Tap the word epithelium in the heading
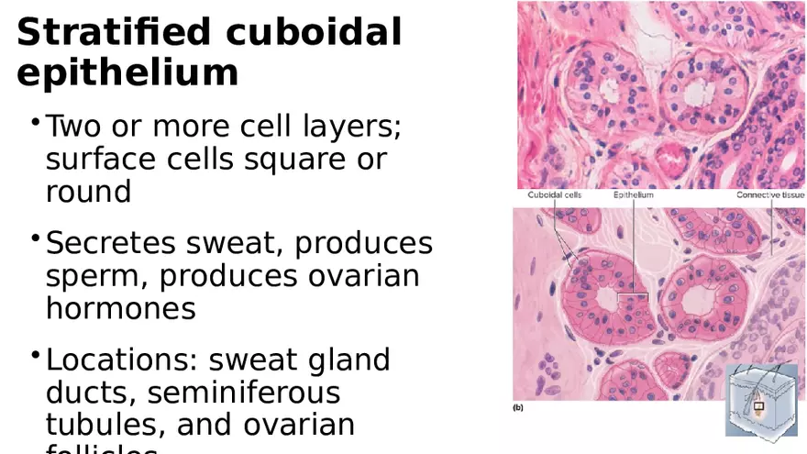pos(127,72)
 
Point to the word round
pos(88,192)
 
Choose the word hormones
pos(120,308)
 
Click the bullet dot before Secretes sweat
pos(35,240)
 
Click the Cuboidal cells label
pos(554,195)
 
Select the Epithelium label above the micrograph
pos(633,195)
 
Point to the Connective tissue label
pos(769,195)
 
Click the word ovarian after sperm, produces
pos(362,276)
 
